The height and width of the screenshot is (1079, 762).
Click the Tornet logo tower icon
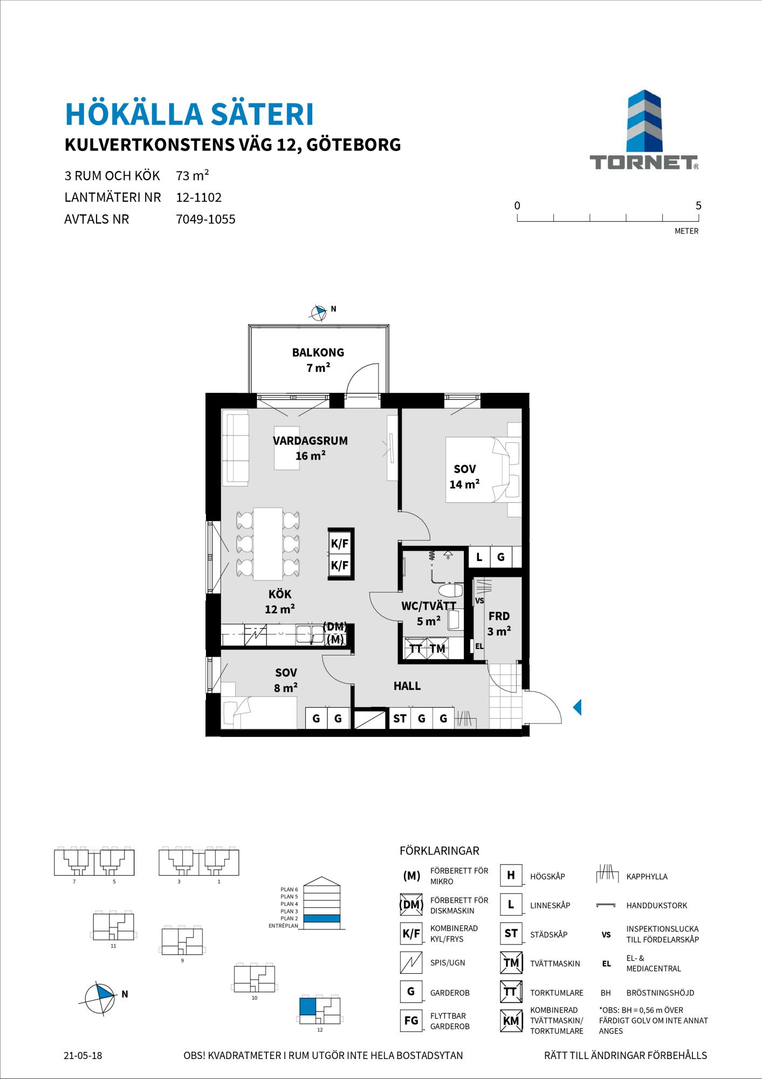pos(644,122)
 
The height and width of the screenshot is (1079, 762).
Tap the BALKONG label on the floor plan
pos(318,352)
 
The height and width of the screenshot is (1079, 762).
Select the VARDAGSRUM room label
pos(310,440)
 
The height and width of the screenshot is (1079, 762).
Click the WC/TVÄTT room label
pos(429,606)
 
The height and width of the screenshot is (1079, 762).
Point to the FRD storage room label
pos(499,616)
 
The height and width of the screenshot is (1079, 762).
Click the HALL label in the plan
pos(407,686)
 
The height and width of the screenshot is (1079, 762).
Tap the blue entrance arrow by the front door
pos(577,707)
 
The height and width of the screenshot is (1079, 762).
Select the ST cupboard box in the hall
pos(400,718)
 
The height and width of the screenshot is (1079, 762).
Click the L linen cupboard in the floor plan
pos(479,557)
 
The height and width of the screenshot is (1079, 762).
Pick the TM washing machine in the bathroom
pos(437,648)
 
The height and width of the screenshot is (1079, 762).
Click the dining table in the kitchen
pos(269,543)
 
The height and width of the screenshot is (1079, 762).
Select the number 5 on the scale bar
pos(698,206)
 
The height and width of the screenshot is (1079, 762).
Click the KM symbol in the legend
pos(511,1021)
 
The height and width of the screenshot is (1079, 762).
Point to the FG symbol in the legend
pos(411,1021)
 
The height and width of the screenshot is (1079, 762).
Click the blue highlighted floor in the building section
pos(321,918)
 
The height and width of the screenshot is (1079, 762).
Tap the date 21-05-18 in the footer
pos(83,1055)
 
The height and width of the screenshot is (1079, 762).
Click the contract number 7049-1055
pos(206,220)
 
